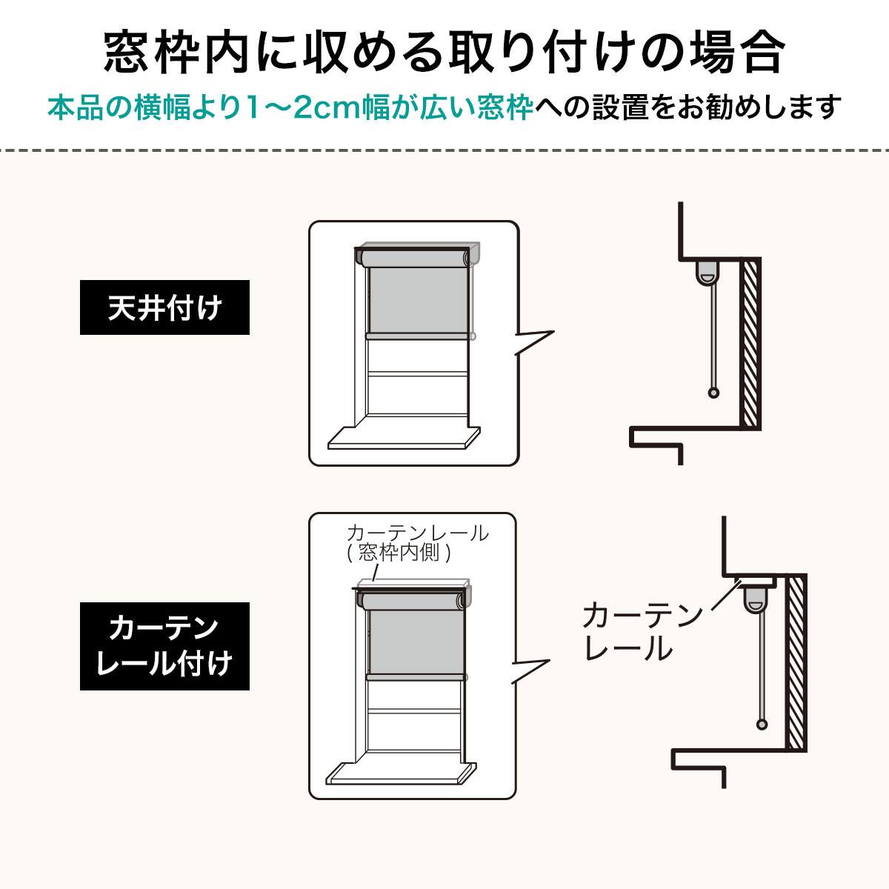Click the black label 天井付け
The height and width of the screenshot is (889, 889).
[164, 307]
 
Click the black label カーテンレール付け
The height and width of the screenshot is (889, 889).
[164, 646]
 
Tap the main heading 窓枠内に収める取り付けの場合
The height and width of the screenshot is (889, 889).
[444, 52]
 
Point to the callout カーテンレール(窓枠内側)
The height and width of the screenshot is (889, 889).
[418, 543]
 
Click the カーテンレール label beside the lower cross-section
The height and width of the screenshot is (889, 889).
[642, 632]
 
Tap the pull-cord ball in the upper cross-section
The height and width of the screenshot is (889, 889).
[713, 393]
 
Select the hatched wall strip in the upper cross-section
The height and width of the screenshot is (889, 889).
[750, 344]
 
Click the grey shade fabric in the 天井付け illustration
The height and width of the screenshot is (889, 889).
[418, 300]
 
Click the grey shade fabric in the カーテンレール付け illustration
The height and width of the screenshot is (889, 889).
[416, 642]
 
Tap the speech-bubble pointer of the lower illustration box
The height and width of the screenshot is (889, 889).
[531, 670]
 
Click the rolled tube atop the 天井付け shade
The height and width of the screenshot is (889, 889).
[415, 259]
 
